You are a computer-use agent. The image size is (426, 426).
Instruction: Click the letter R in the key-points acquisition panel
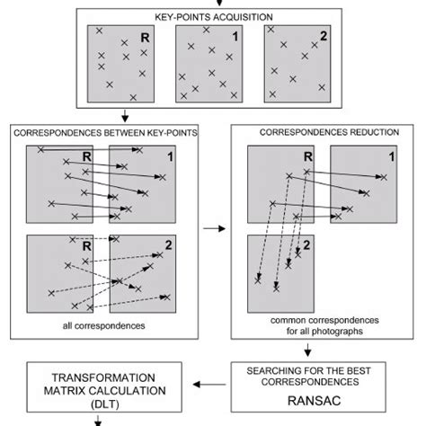click(146, 38)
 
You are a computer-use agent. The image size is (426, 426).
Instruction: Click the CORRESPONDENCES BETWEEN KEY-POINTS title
click(107, 132)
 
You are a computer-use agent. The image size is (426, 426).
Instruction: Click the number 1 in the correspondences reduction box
click(391, 157)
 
